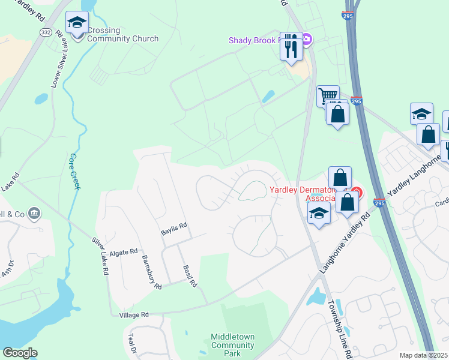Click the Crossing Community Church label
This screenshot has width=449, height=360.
coord(122,35)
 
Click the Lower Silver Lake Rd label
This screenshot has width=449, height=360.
coord(58,60)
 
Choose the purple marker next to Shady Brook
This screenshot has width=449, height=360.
coord(307,40)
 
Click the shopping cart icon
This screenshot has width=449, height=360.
coord(327,96)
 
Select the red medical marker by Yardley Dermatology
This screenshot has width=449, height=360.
coord(357,193)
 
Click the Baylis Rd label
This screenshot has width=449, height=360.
coord(174,227)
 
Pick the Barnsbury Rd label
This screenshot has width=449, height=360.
coord(152,272)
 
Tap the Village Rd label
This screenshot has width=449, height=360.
coord(134,314)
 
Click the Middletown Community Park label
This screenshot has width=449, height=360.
coord(232,345)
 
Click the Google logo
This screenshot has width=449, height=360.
coord(20,353)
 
